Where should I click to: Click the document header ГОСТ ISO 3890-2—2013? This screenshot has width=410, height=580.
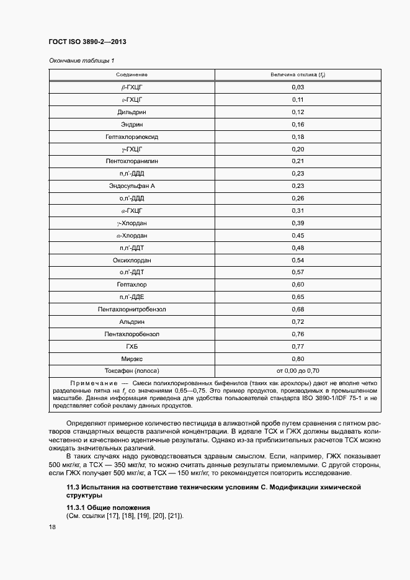[x=87, y=42]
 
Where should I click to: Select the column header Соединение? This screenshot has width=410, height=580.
[x=131, y=75]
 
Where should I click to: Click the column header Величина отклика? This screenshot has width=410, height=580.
[x=298, y=75]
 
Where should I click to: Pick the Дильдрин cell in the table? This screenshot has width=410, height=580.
[x=131, y=112]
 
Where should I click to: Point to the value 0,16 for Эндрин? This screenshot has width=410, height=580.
[x=298, y=125]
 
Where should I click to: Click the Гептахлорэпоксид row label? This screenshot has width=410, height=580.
[x=131, y=137]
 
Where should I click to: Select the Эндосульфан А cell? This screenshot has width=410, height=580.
[x=131, y=186]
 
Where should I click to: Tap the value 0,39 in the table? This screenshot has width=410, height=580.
[x=298, y=223]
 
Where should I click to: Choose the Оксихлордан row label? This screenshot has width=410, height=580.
[x=131, y=260]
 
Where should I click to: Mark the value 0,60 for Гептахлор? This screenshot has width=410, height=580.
[x=298, y=285]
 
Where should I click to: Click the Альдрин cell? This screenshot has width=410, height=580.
[x=131, y=322]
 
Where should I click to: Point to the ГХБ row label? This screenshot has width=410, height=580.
[x=131, y=346]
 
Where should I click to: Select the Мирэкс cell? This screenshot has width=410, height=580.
[x=131, y=359]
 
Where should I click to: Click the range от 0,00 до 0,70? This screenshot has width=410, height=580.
[x=298, y=371]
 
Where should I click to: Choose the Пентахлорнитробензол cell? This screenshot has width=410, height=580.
[x=131, y=310]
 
